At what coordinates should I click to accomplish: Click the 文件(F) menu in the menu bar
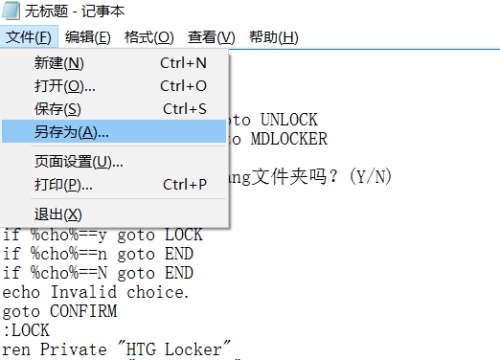(x=28, y=37)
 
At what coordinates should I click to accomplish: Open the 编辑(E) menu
(x=88, y=37)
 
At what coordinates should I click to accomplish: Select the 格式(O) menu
(x=149, y=37)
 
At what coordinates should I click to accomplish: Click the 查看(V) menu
(x=210, y=37)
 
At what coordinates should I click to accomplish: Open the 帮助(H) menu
(x=273, y=37)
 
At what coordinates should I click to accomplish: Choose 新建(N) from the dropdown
(x=59, y=62)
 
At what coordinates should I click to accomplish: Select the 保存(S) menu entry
(x=58, y=108)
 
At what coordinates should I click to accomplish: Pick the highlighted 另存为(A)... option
(x=72, y=132)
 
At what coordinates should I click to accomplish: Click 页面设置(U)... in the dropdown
(x=79, y=161)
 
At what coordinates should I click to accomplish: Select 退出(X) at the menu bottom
(x=58, y=214)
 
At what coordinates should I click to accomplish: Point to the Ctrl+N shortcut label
(x=183, y=62)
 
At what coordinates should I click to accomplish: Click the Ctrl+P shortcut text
(x=184, y=184)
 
